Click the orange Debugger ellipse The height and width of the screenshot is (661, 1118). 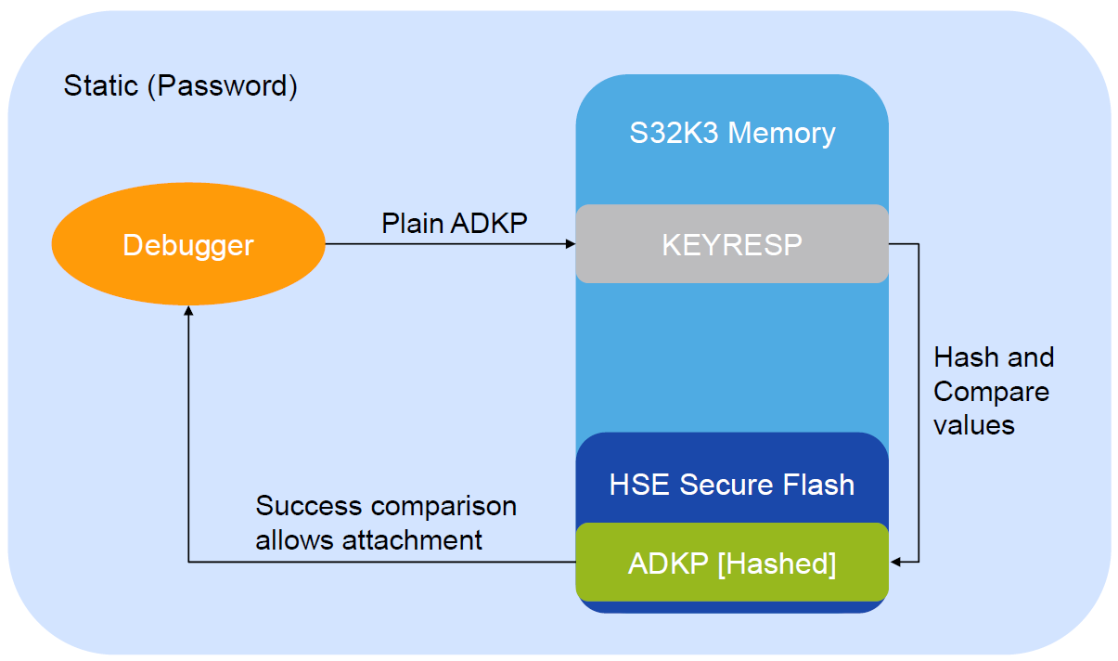click(188, 245)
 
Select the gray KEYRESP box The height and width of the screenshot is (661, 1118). click(732, 244)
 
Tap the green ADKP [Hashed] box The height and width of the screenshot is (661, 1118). click(732, 564)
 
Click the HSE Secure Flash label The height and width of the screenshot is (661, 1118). click(732, 484)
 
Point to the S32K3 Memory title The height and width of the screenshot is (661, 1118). click(732, 133)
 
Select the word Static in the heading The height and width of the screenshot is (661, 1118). click(101, 86)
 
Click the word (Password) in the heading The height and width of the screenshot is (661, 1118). click(223, 86)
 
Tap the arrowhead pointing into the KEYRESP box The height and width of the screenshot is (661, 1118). click(570, 244)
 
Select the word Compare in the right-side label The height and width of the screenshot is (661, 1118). click(991, 391)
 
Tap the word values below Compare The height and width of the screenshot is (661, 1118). click(973, 424)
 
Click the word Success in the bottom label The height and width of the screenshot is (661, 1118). click(308, 506)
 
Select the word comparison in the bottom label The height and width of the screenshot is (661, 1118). click(443, 506)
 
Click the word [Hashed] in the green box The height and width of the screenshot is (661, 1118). click(777, 564)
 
